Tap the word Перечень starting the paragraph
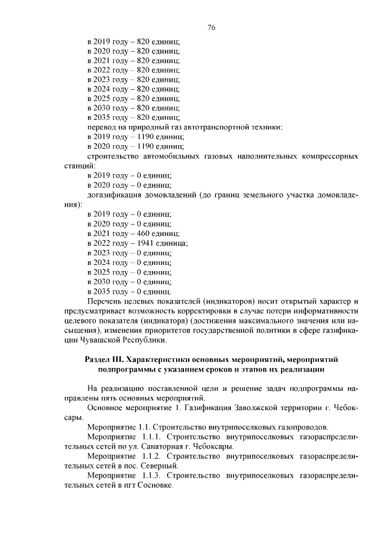[x=105, y=301]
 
